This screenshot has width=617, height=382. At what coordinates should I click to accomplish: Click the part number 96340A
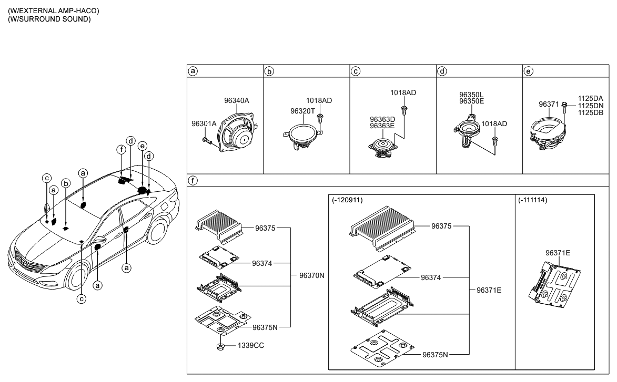tap(236, 100)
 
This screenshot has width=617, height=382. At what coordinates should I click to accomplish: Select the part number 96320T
tap(302, 111)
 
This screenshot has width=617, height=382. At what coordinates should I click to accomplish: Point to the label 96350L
tap(471, 95)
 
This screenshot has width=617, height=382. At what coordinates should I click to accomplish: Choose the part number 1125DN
tap(590, 105)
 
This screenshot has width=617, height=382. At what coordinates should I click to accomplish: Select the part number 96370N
tap(312, 275)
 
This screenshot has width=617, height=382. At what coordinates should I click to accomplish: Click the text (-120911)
tap(348, 201)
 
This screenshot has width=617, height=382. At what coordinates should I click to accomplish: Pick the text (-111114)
tap(532, 201)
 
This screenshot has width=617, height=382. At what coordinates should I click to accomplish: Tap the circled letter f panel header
tap(193, 180)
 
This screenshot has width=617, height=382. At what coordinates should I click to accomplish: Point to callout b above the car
tap(66, 183)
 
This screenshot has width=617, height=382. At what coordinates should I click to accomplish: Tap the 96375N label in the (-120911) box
tap(435, 354)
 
